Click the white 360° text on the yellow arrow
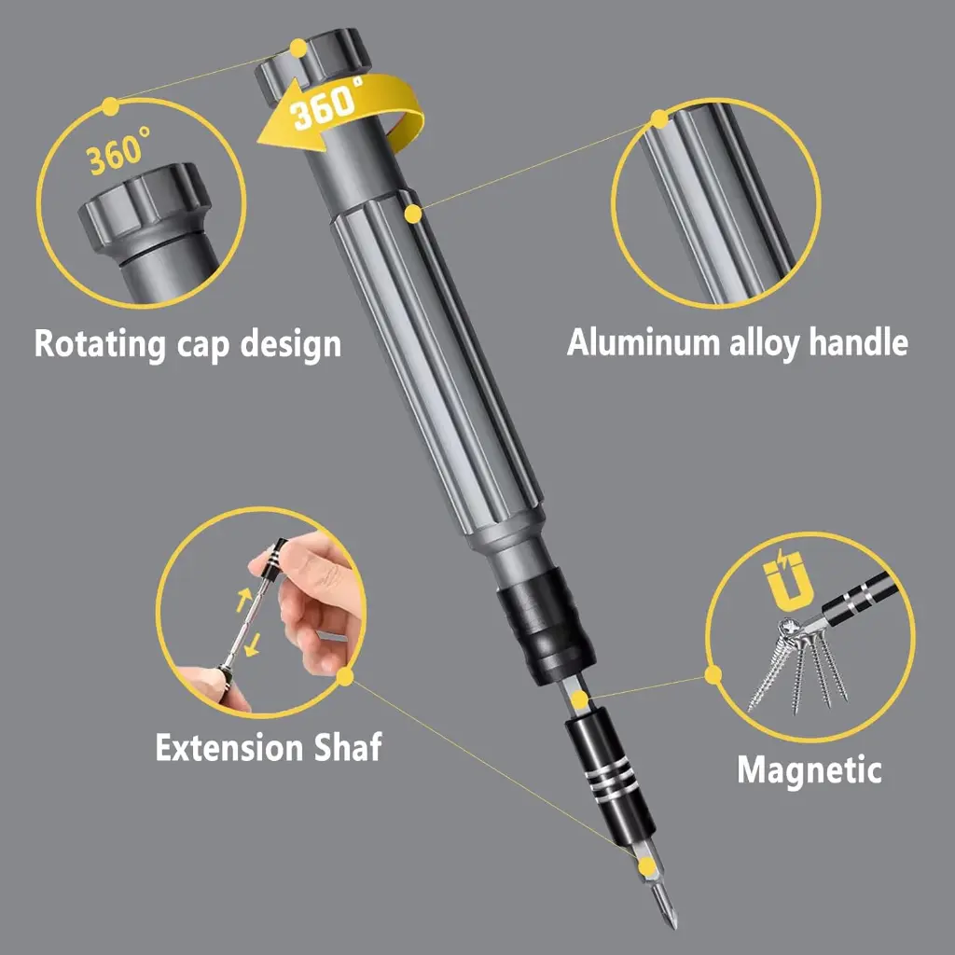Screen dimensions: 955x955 pos(328,104)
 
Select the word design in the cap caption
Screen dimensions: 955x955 pos(290,343)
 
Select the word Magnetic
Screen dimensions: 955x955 pos(809,770)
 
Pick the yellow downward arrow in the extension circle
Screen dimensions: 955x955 pos(252,644)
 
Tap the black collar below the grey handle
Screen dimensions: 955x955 pos(546,633)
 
